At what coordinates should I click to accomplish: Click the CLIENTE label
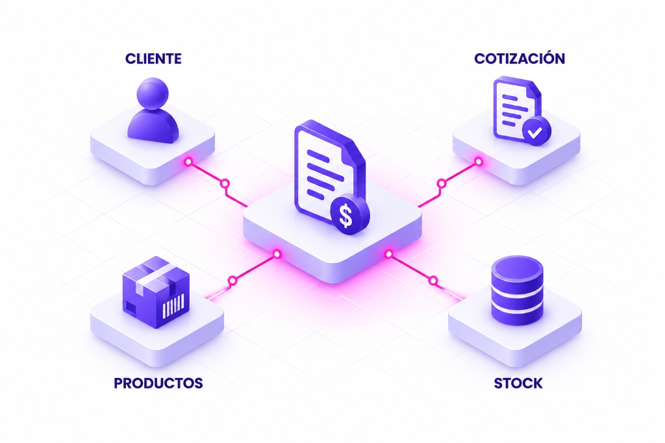point(153,58)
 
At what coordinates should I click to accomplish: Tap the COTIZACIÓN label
point(520,58)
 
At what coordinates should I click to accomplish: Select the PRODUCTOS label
point(158,383)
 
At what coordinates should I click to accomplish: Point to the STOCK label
point(518,383)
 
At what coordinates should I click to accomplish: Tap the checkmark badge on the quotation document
point(535,131)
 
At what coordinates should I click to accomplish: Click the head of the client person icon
point(153,94)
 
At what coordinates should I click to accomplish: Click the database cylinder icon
point(517,290)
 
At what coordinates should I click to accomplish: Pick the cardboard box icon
point(156,292)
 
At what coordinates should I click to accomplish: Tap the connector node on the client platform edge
point(188,162)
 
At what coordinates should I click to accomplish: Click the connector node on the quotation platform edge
point(479,161)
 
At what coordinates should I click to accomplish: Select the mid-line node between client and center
point(225,184)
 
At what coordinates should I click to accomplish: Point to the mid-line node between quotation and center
point(442,184)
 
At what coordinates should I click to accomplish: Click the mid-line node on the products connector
point(232,281)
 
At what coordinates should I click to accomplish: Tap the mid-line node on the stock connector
point(433,281)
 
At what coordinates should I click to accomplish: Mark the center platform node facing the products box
point(277,254)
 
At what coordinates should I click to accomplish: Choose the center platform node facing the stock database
point(388,254)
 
